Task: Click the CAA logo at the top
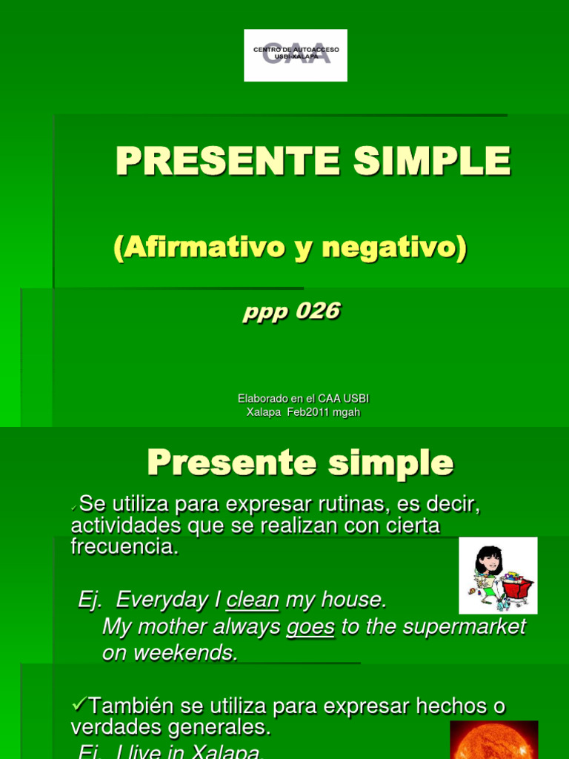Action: click(296, 55)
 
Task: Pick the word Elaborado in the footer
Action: click(264, 399)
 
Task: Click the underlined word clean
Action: click(253, 600)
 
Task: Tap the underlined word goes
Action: click(310, 627)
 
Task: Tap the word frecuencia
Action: click(124, 548)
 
